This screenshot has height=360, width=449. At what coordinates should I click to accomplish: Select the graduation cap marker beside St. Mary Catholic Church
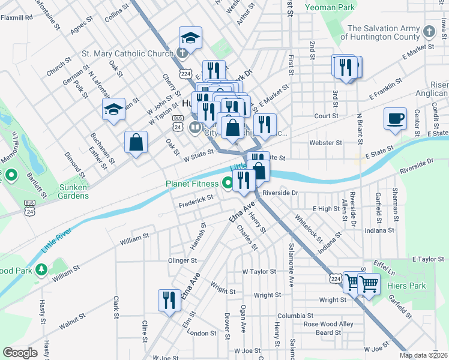(190, 38)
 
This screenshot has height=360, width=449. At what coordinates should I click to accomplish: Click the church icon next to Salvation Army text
(429, 31)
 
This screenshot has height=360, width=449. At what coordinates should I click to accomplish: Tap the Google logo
(20, 353)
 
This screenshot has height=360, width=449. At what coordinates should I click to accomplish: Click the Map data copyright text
(424, 355)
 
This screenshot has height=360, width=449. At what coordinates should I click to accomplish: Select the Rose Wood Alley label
(329, 324)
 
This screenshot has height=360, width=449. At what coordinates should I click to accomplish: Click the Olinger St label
(182, 260)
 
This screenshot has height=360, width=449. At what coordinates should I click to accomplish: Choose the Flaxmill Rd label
(16, 17)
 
